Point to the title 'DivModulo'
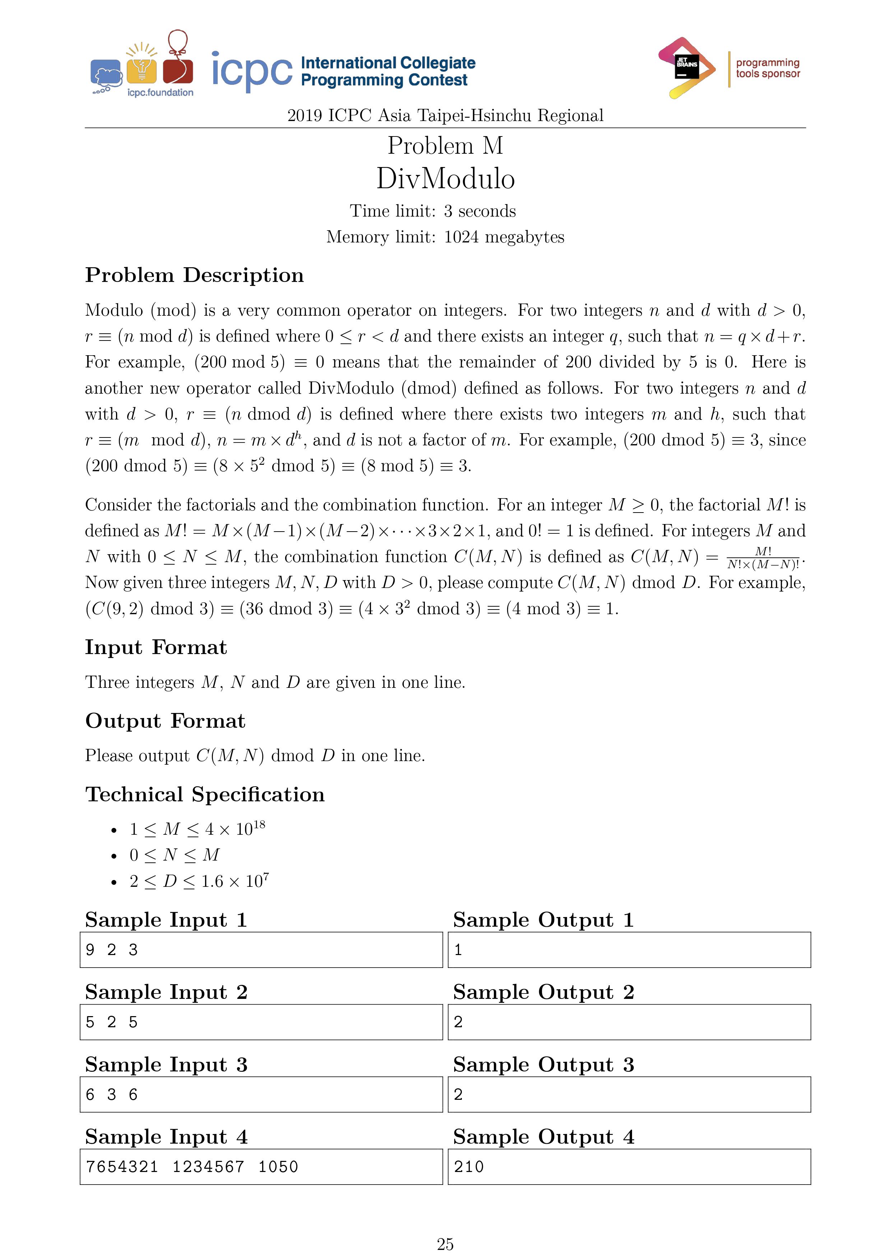pyautogui.click(x=445, y=179)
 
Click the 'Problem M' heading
pyautogui.click(x=445, y=145)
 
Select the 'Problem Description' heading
pyautogui.click(x=194, y=275)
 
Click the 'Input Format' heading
pyautogui.click(x=156, y=647)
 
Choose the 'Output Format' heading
pyautogui.click(x=165, y=721)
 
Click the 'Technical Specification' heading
pyautogui.click(x=205, y=794)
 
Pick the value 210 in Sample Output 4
pyautogui.click(x=469, y=1166)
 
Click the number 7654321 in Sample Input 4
pyautogui.click(x=122, y=1166)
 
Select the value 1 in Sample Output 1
pyautogui.click(x=458, y=949)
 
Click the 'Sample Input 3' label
pyautogui.click(x=166, y=1064)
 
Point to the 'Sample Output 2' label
pyautogui.click(x=543, y=992)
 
